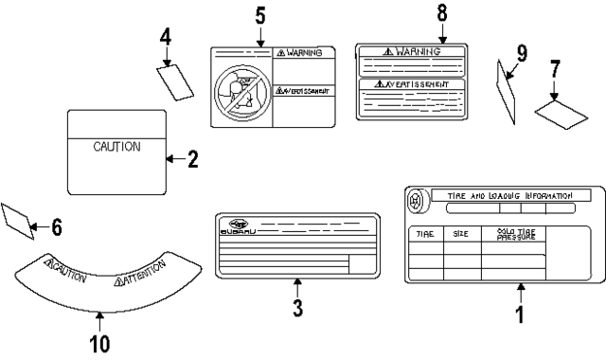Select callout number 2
pyautogui.click(x=192, y=159)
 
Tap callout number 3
pyautogui.click(x=297, y=308)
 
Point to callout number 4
pyautogui.click(x=166, y=38)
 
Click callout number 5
pyautogui.click(x=261, y=16)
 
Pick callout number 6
pyautogui.click(x=56, y=227)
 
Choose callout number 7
pyautogui.click(x=555, y=69)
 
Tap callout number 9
pyautogui.click(x=521, y=53)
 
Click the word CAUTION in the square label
pyautogui.click(x=116, y=147)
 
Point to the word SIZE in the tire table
pyautogui.click(x=460, y=233)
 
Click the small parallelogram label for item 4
pyautogui.click(x=176, y=81)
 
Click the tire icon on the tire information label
pyautogui.click(x=415, y=201)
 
